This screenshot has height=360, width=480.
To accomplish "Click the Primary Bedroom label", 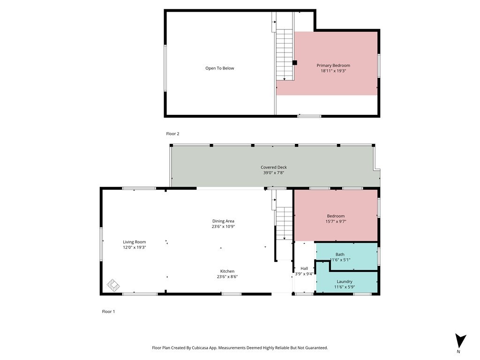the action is pyautogui.click(x=333, y=65).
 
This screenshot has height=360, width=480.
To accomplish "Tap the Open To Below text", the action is pyautogui.click(x=219, y=68).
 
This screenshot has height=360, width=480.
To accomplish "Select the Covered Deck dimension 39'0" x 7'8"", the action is pyautogui.click(x=274, y=172).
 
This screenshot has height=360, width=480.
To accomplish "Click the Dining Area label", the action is pyautogui.click(x=223, y=221).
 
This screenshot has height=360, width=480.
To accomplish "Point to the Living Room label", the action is pyautogui.click(x=135, y=242).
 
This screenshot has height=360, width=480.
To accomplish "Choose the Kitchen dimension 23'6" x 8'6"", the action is pyautogui.click(x=227, y=277).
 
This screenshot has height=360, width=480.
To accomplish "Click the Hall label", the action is pyautogui.click(x=304, y=269).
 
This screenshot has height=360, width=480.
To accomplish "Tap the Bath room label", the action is pyautogui.click(x=340, y=255).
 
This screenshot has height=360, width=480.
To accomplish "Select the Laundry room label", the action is pyautogui.click(x=345, y=282).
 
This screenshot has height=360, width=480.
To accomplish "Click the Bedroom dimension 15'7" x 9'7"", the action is pyautogui.click(x=336, y=221).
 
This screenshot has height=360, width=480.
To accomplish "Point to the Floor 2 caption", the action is pyautogui.click(x=172, y=134).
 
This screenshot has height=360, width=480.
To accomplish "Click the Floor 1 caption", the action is pyautogui.click(x=108, y=312).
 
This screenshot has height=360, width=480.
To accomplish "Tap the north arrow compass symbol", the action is pyautogui.click(x=460, y=341).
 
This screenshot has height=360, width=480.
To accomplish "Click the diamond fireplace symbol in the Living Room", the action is pyautogui.click(x=113, y=285).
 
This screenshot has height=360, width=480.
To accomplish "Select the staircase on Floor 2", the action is pyautogui.click(x=285, y=55).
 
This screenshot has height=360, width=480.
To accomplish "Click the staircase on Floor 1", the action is pyautogui.click(x=285, y=224).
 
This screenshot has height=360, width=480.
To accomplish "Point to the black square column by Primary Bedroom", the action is pyautogui.click(x=295, y=63).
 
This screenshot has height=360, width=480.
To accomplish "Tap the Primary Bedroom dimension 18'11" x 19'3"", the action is pyautogui.click(x=333, y=71).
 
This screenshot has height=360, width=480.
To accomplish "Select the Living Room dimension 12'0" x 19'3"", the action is pyautogui.click(x=135, y=247).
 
